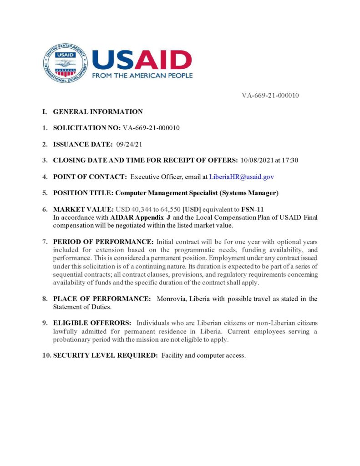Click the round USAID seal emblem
65,62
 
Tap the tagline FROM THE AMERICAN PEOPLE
142,76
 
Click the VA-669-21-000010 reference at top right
270,96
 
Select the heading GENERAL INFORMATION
98,112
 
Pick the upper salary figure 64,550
168,209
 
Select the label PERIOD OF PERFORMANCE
103,241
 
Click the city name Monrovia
172,299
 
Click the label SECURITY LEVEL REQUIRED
105,355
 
